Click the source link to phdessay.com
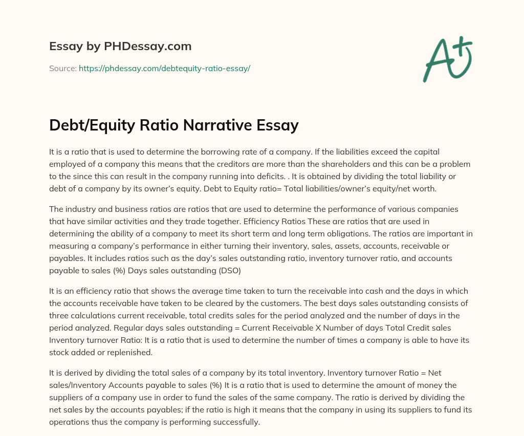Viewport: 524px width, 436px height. click(164, 68)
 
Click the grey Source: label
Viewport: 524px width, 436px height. click(62, 68)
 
